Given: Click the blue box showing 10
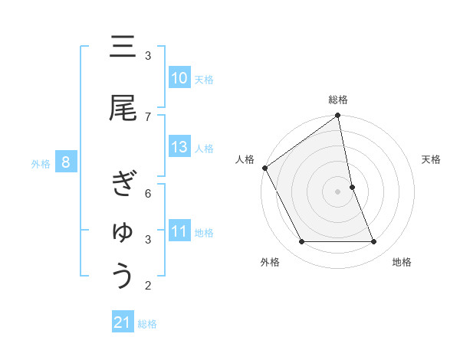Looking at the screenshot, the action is (179, 78).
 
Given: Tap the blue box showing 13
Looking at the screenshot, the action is (179, 148).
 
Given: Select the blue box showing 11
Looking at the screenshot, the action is (179, 232).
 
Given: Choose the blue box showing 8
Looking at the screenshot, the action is (67, 162).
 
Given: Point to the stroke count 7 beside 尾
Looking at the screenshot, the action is (148, 116).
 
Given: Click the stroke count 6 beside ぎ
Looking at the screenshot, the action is (148, 193).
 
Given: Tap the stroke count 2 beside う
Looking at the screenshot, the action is (148, 286).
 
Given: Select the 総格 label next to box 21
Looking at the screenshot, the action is (147, 324).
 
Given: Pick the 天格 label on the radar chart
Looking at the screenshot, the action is (432, 159).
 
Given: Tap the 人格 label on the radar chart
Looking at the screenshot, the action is (245, 159).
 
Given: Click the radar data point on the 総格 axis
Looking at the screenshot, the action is (338, 116).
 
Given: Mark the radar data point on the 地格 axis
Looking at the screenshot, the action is (374, 242).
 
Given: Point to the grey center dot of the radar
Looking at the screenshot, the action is (338, 191).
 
